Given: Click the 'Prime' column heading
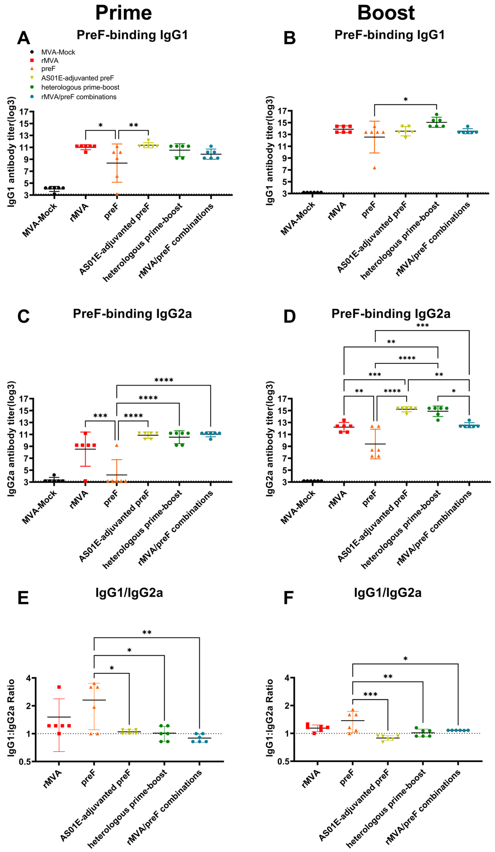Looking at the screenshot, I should [x=123, y=13].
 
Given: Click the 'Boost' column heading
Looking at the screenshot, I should [x=386, y=13].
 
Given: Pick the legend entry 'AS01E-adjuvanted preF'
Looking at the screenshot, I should [x=77, y=78].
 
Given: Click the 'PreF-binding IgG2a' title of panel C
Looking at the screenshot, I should [x=132, y=314].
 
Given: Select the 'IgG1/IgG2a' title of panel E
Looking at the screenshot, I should [x=129, y=593].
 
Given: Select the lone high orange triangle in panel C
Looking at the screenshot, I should [x=117, y=445].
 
